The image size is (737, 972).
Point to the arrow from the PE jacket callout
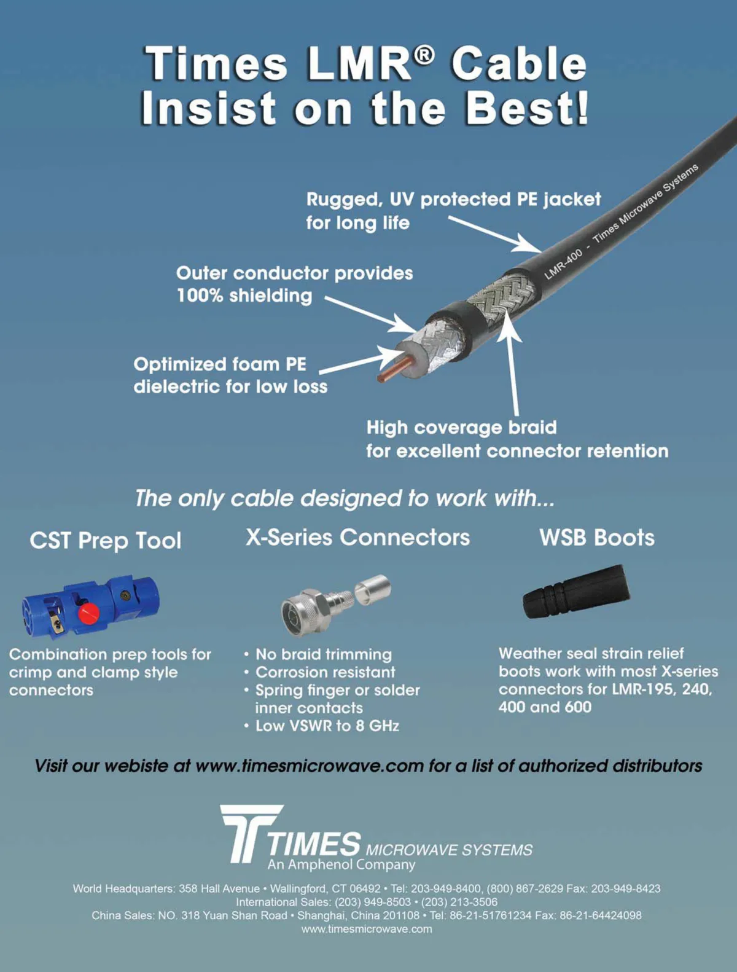click(x=494, y=234)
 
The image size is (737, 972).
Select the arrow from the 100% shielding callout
click(x=371, y=315)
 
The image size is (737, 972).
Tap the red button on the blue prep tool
click(x=88, y=613)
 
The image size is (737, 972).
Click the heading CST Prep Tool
click(x=106, y=540)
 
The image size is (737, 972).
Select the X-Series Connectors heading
click(x=357, y=537)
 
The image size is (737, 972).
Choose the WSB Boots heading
click(x=597, y=538)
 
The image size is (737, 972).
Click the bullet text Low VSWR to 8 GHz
click(x=327, y=726)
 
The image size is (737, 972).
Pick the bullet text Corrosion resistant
click(x=326, y=672)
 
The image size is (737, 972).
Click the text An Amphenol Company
click(x=341, y=864)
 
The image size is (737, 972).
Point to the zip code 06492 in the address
click(x=365, y=889)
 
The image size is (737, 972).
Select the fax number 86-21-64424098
click(x=600, y=915)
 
